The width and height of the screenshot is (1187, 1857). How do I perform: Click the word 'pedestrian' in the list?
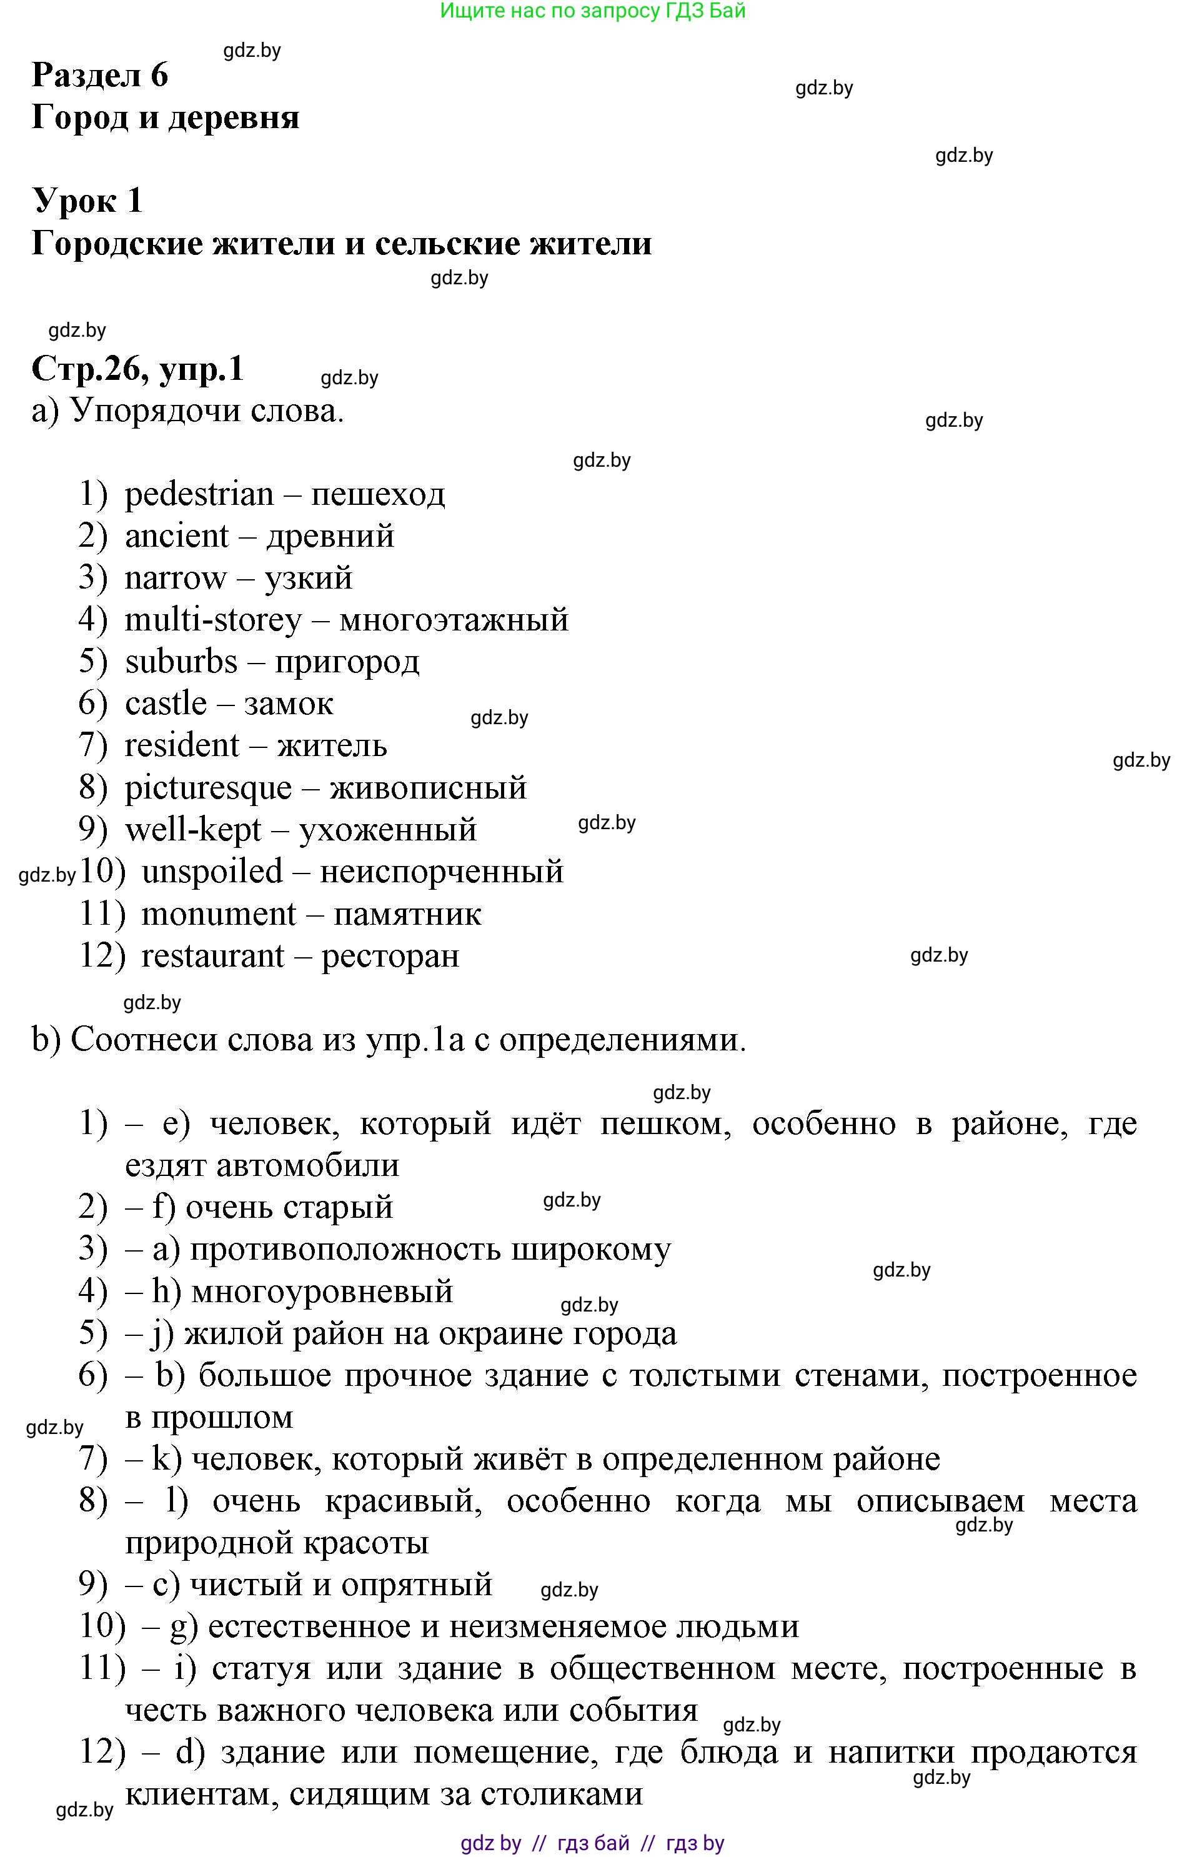coord(199,494)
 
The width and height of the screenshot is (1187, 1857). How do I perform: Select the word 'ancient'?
coord(177,536)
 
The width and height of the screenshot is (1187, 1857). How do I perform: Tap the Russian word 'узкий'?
coord(309,579)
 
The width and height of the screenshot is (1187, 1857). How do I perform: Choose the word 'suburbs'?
coord(181,662)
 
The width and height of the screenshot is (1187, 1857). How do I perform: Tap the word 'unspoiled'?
coord(212,872)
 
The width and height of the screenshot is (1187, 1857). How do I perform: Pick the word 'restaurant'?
coord(212,956)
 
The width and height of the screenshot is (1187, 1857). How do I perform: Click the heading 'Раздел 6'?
coord(99,75)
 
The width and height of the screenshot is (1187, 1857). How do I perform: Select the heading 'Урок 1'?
coord(87,201)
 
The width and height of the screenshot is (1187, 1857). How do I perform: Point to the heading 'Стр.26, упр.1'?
coord(137,369)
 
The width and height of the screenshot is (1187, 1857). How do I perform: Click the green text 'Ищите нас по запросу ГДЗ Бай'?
coord(592,11)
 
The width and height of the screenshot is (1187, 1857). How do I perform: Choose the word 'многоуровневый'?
coord(322,1291)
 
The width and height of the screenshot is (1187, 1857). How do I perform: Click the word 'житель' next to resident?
coord(332,745)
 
